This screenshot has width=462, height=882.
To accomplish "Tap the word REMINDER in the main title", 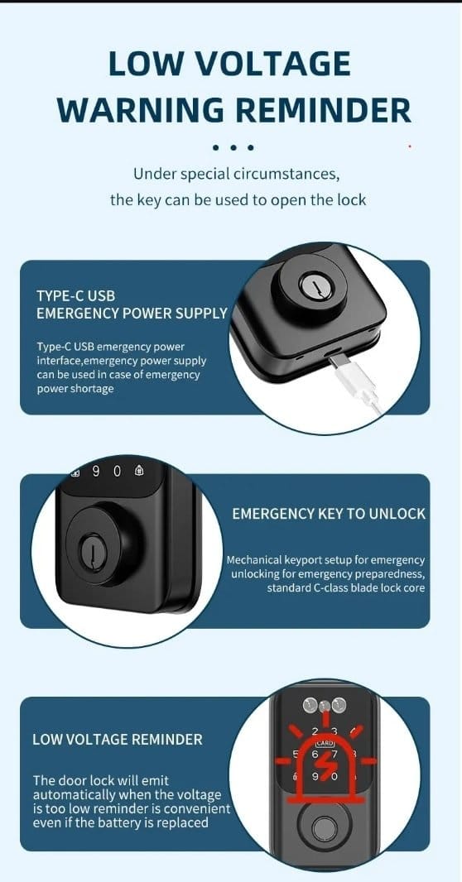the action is (317, 110).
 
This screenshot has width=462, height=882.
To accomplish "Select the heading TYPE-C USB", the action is (76, 296).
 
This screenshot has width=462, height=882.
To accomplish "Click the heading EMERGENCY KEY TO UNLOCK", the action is (329, 514).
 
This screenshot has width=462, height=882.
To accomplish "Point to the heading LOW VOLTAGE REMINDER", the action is (117, 739).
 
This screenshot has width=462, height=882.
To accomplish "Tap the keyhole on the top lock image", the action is (310, 285).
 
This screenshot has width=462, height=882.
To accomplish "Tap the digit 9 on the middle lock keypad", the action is (96, 472).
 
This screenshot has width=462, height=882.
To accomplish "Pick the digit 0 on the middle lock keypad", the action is (117, 472).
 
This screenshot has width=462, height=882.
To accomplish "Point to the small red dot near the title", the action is (410, 146).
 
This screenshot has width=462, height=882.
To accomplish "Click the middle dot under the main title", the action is (232, 147).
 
